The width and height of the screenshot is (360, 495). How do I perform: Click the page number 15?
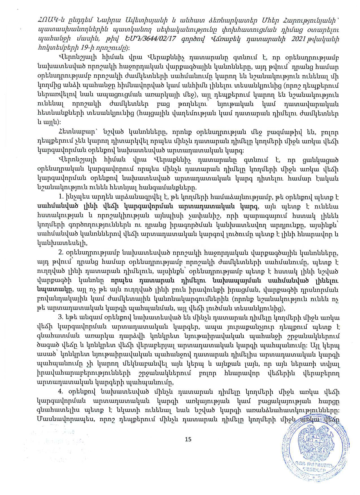(188, 439)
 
